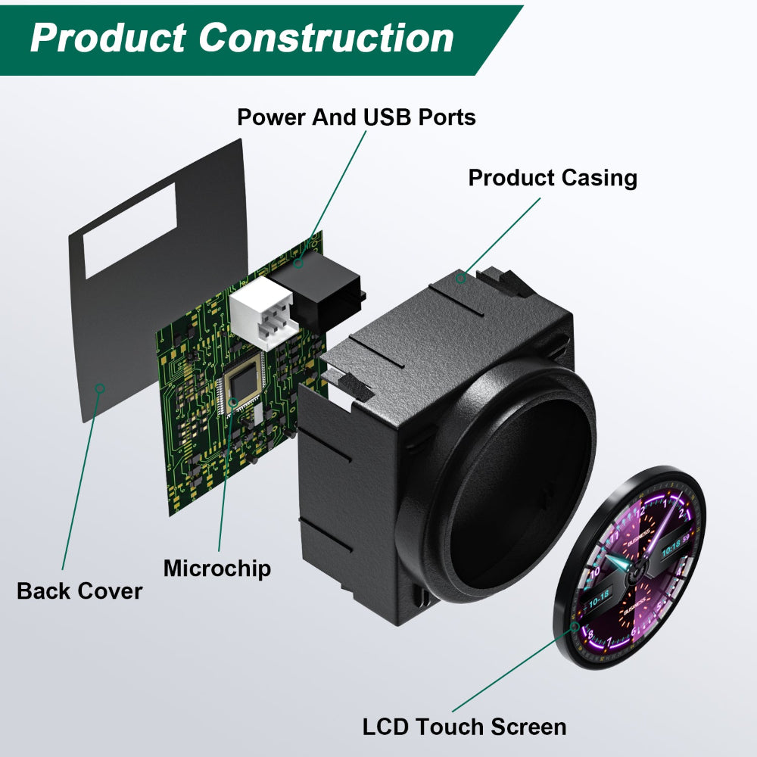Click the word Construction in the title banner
pyautogui.click(x=327, y=37)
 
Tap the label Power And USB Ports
pyautogui.click(x=356, y=117)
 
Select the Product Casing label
pyautogui.click(x=553, y=178)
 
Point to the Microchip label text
pyautogui.click(x=217, y=568)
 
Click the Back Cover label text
pyautogui.click(x=79, y=590)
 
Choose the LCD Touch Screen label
pyautogui.click(x=464, y=727)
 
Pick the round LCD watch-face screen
pyautogui.click(x=632, y=568)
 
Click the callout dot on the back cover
pyautogui.click(x=98, y=388)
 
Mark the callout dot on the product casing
pyautogui.click(x=460, y=279)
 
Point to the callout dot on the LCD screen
pyautogui.click(x=575, y=627)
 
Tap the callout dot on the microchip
pyautogui.click(x=233, y=400)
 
